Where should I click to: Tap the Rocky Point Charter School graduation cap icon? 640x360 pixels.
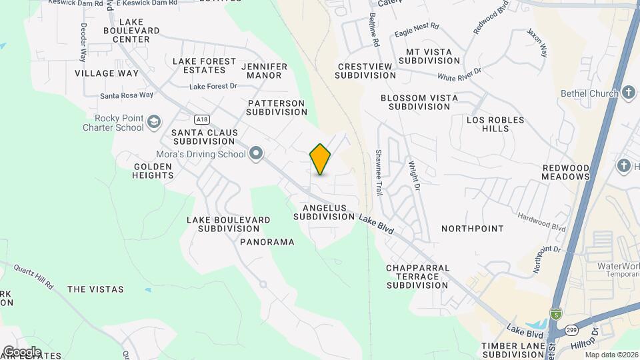click(x=155, y=121)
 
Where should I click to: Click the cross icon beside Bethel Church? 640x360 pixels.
click(x=628, y=93)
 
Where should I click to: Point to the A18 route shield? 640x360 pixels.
click(x=200, y=119)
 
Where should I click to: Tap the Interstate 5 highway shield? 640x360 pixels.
click(x=555, y=313)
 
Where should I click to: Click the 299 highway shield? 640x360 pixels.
click(x=571, y=329)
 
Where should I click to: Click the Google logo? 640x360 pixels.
click(x=22, y=351)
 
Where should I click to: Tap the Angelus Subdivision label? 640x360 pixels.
click(x=324, y=212)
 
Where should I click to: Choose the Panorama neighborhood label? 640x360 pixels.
click(x=267, y=242)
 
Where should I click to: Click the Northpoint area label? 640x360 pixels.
click(x=473, y=229)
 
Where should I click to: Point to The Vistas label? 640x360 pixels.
click(x=95, y=289)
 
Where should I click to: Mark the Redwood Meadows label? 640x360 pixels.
click(x=566, y=172)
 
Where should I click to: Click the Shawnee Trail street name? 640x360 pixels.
click(x=378, y=172)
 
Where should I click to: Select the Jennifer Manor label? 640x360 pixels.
click(x=264, y=71)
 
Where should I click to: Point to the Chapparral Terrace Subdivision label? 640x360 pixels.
click(x=417, y=276)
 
